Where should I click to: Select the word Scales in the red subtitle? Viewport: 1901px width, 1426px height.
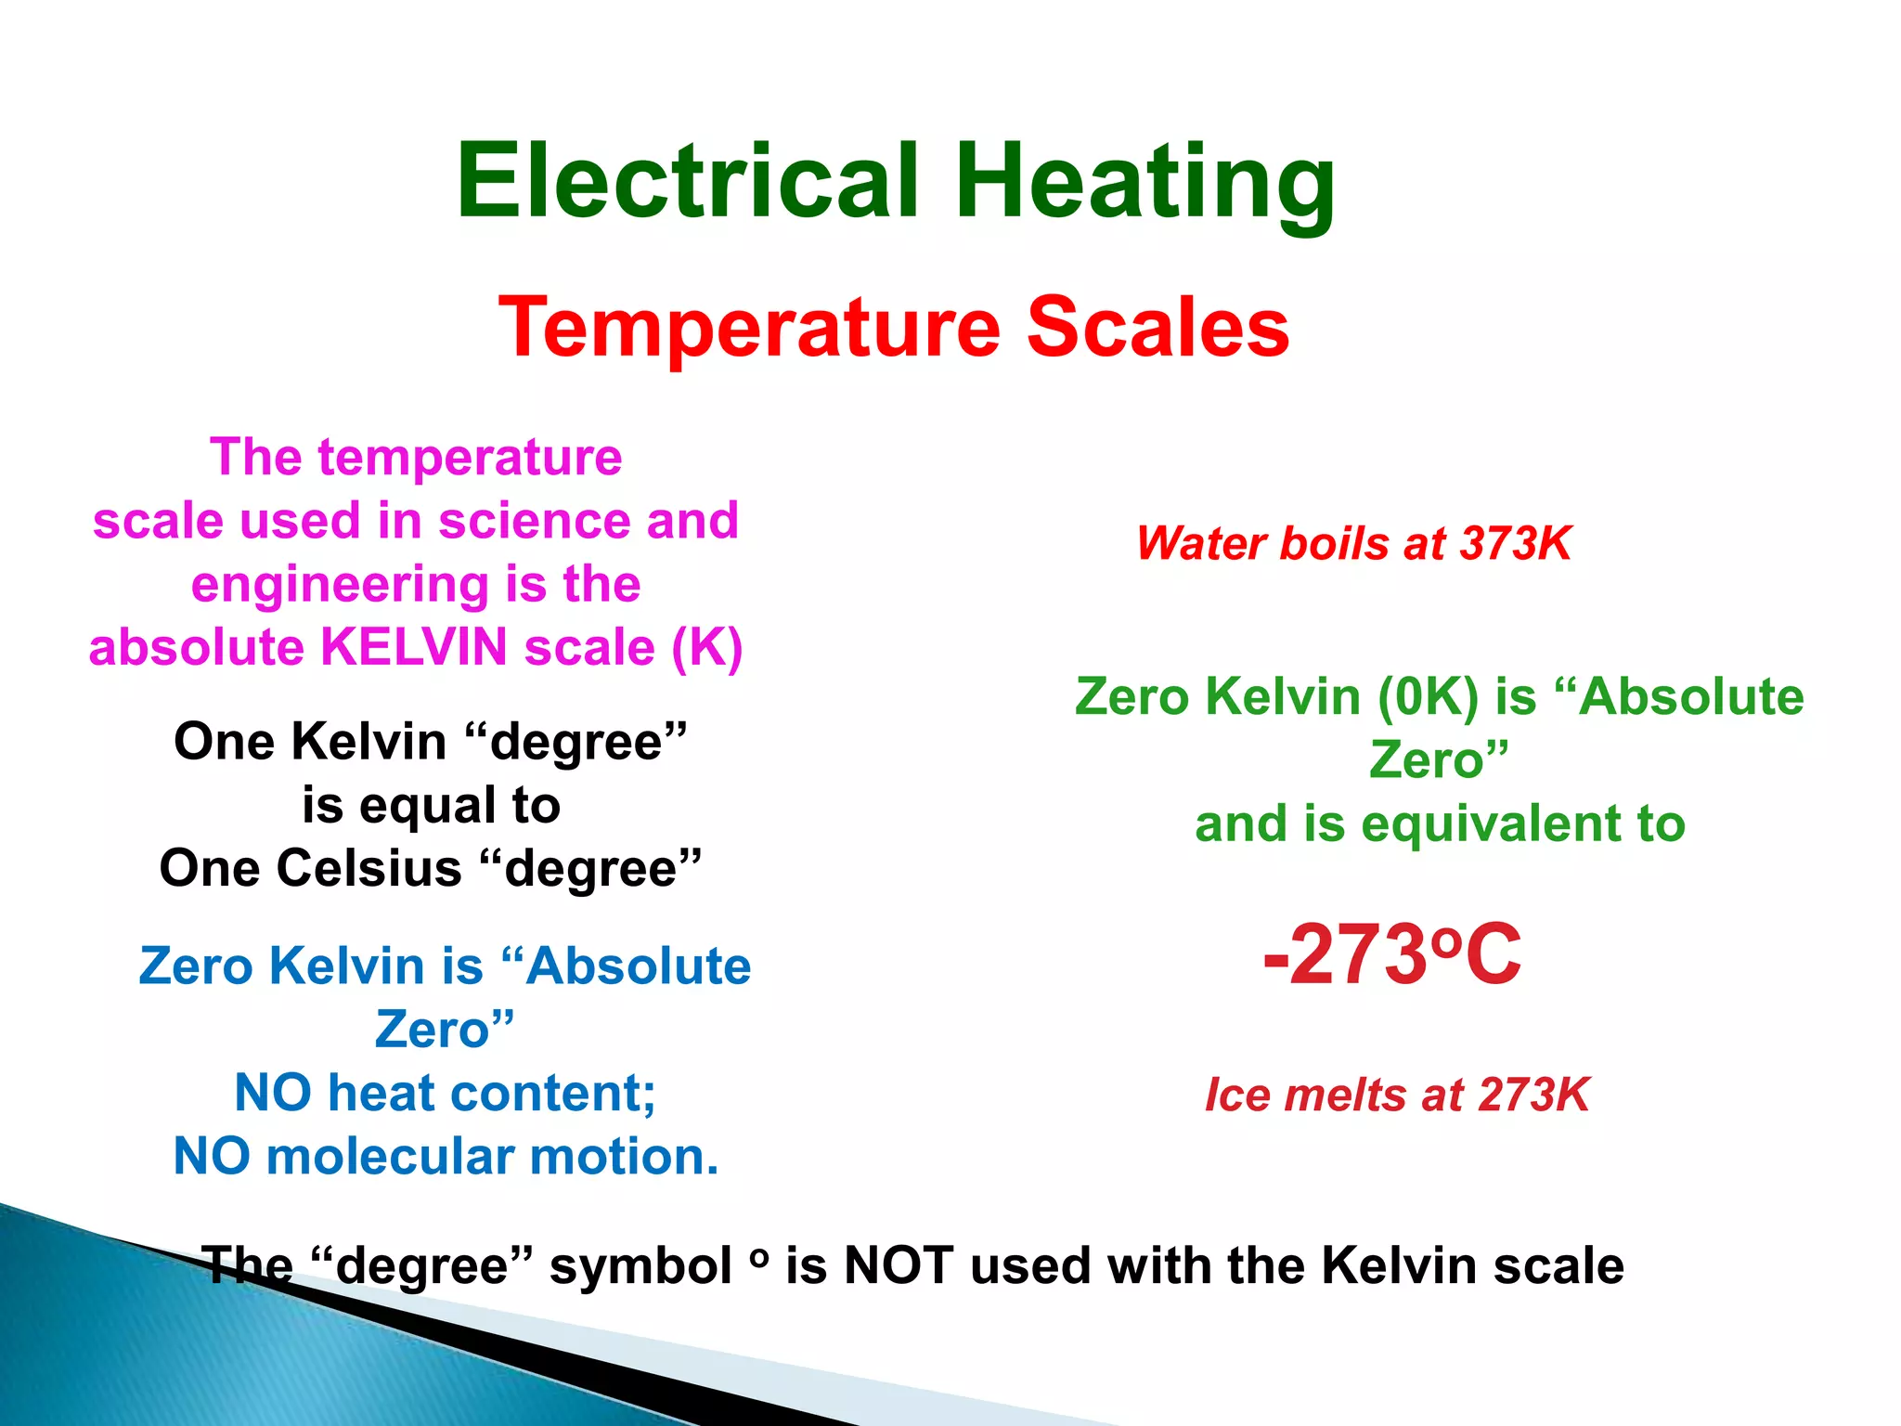[1157, 327]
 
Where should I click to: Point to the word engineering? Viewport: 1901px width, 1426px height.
[340, 585]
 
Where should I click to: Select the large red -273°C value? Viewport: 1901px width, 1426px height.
[1391, 953]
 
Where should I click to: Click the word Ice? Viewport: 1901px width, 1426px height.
[1236, 1095]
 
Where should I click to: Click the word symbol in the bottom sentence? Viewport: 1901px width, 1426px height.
[640, 1266]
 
